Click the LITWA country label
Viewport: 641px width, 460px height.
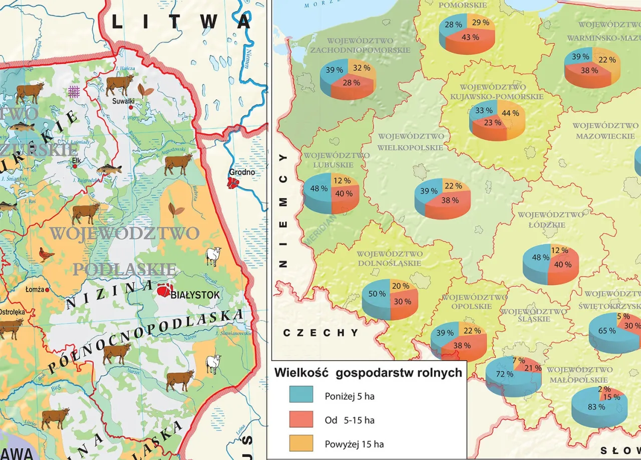click(181, 21)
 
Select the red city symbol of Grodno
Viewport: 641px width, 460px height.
click(232, 183)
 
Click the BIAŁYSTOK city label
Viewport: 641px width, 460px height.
click(195, 295)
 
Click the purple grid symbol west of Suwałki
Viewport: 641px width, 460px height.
click(74, 91)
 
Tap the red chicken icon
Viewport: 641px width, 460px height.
click(47, 254)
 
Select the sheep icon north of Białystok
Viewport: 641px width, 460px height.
click(214, 256)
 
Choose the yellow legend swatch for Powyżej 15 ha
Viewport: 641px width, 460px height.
click(301, 443)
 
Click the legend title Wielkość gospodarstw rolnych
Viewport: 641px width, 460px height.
click(368, 373)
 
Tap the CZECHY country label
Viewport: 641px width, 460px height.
click(320, 333)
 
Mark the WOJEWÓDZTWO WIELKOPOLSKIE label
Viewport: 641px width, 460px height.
click(411, 141)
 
